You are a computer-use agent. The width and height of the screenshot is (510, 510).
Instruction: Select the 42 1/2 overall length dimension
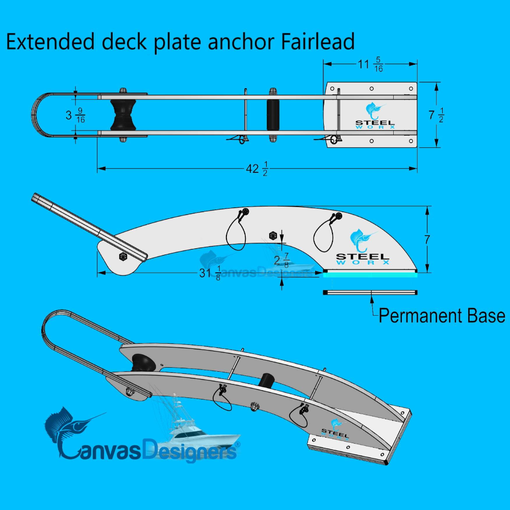click(258, 169)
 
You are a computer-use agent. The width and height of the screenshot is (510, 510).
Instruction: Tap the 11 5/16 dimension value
click(371, 65)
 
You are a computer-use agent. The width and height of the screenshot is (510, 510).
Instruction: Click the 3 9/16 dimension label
click(75, 115)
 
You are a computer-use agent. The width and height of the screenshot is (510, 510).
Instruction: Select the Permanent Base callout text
click(442, 316)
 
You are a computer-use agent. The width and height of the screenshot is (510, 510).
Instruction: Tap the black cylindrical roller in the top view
click(273, 115)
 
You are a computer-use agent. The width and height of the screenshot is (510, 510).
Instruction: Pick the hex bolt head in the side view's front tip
click(122, 256)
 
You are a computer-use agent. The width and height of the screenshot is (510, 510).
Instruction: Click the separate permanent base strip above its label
click(371, 292)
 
